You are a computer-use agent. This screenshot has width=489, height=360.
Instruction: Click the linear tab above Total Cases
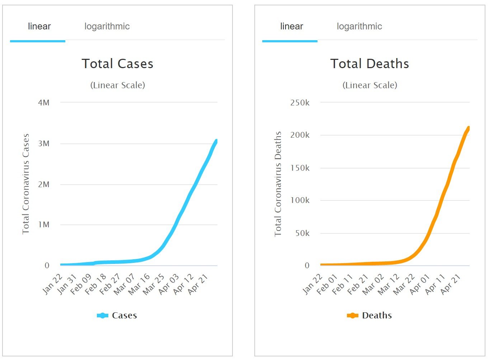(x=39, y=27)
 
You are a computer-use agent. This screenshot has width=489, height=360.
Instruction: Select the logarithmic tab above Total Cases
(x=107, y=27)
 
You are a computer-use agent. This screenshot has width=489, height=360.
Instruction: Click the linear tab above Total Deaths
(x=291, y=27)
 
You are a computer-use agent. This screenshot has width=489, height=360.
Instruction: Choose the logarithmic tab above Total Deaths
(x=359, y=27)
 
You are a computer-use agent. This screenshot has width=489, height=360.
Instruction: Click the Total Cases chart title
(x=117, y=64)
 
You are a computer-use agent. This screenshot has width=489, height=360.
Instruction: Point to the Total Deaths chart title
(x=370, y=64)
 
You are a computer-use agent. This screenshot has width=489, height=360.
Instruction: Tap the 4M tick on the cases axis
(x=44, y=103)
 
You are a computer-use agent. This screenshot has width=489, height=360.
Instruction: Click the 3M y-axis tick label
(x=44, y=144)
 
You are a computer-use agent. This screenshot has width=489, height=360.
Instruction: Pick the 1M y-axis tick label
(x=44, y=225)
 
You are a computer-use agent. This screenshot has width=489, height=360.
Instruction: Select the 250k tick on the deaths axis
(x=300, y=103)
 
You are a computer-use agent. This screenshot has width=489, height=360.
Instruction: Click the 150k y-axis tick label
(x=300, y=168)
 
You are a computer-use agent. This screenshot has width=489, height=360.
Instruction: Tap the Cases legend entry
(x=117, y=316)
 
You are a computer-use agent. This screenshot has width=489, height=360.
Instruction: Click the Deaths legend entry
(x=370, y=316)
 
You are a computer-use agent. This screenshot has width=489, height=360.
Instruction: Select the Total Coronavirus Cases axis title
(x=26, y=184)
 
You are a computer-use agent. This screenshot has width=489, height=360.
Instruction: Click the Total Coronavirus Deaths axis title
(x=278, y=184)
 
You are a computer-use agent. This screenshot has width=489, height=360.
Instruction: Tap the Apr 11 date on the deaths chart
(x=436, y=284)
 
